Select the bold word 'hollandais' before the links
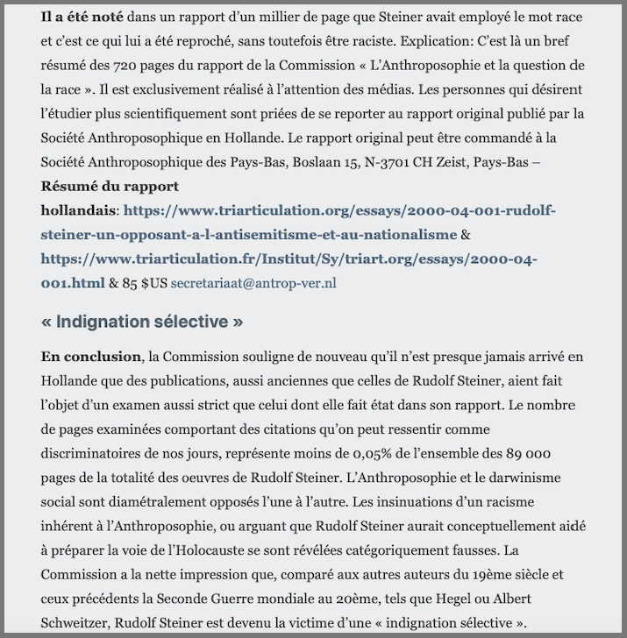point(78,210)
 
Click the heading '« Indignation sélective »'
point(142,322)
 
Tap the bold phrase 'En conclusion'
point(90,357)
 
